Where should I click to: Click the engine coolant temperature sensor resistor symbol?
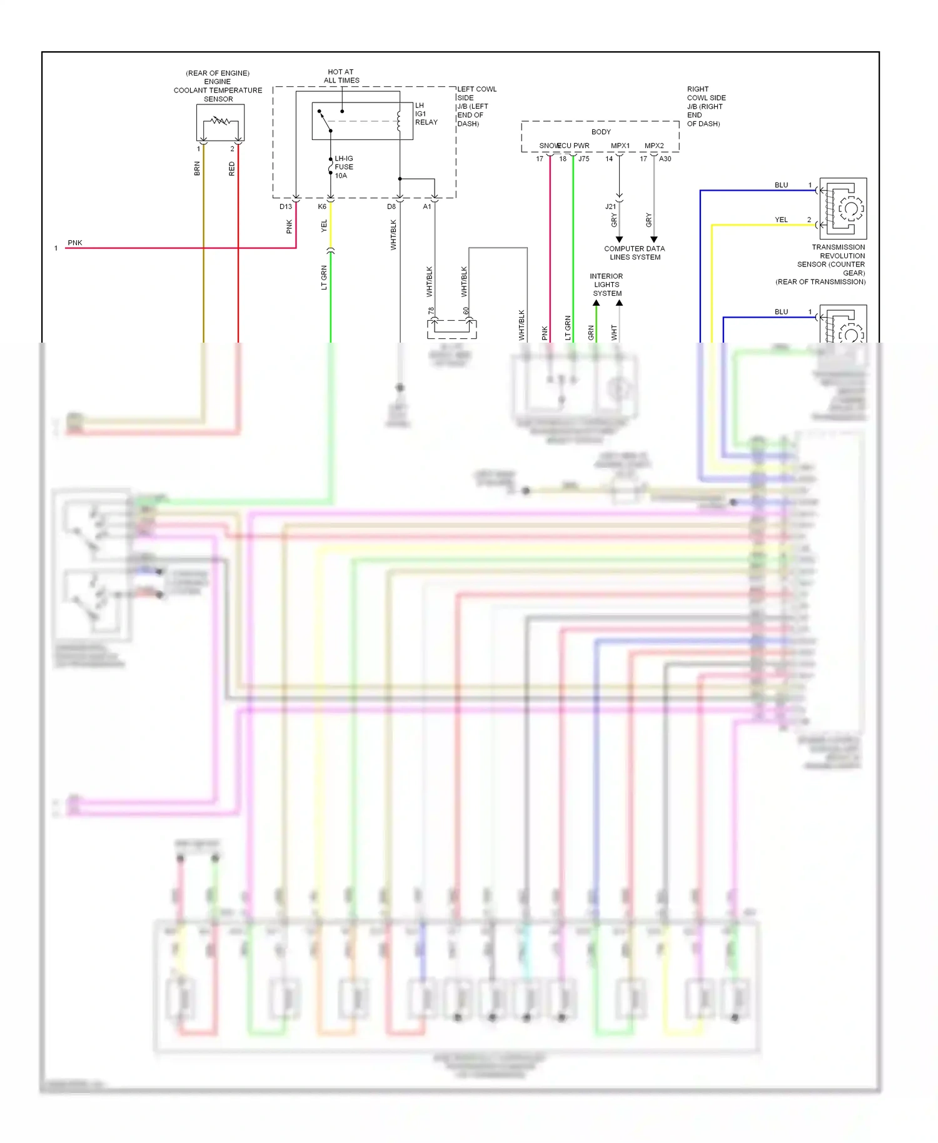pos(220,121)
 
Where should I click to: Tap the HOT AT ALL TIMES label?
pos(341,76)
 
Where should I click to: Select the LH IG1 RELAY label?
pos(426,114)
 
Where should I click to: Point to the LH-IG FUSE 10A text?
pos(344,167)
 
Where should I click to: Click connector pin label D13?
pos(286,206)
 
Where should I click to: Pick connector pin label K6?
pos(322,206)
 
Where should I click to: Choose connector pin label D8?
pos(391,206)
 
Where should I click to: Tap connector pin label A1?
pos(427,206)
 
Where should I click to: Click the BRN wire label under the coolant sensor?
pos(197,168)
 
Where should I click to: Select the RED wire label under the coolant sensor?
pos(232,168)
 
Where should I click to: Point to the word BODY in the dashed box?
pos(601,132)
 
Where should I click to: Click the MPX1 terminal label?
pos(620,146)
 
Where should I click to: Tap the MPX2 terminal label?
pos(654,146)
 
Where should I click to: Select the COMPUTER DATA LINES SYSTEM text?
pos(635,253)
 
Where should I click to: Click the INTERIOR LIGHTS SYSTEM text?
pos(607,284)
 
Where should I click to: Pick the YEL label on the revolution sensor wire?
pos(781,219)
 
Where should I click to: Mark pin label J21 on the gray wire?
pos(610,206)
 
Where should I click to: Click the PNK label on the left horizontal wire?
pos(75,243)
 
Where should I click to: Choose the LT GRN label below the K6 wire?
pos(324,278)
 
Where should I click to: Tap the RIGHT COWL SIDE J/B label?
pos(706,106)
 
